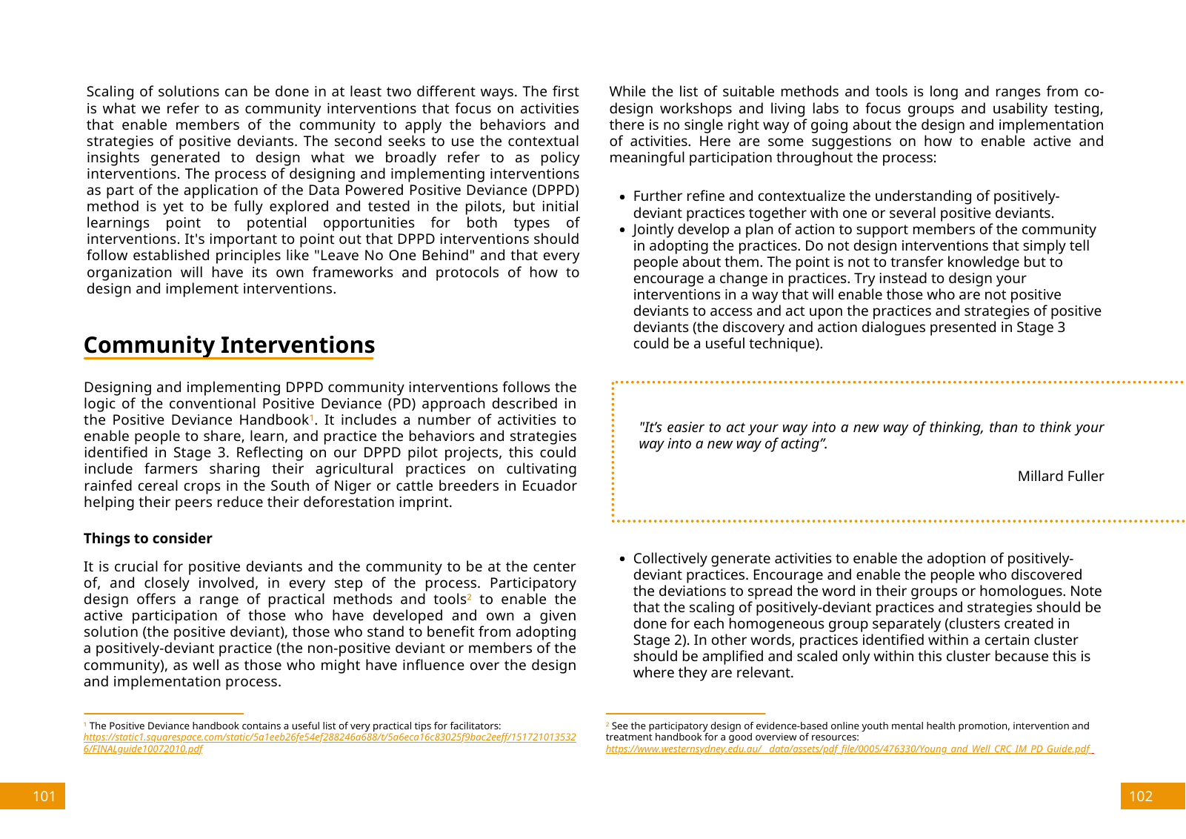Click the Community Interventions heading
point(229,345)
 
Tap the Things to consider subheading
point(147,539)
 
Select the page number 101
point(44,796)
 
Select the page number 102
point(1140,796)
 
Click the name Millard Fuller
point(1060,477)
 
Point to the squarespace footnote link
point(329,737)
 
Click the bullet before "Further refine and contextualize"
point(622,197)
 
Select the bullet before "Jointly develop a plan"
point(622,231)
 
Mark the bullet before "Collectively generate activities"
point(622,560)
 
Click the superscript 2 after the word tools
point(470,597)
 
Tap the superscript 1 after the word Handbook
point(312,417)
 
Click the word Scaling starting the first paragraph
point(110,92)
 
